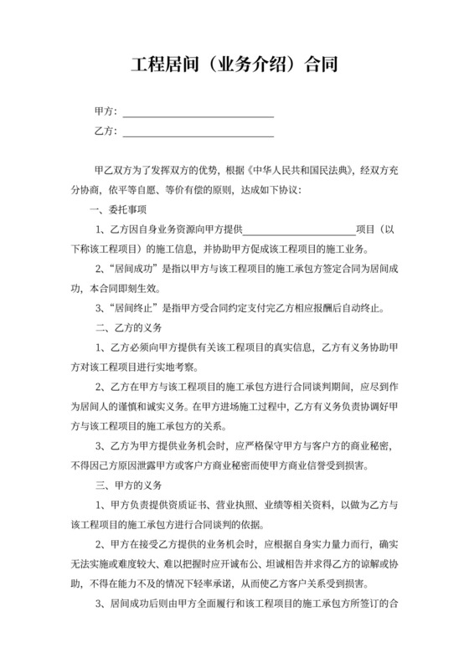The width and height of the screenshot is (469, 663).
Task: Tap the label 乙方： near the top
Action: tap(106, 131)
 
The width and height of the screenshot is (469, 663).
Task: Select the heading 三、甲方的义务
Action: tap(123, 486)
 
